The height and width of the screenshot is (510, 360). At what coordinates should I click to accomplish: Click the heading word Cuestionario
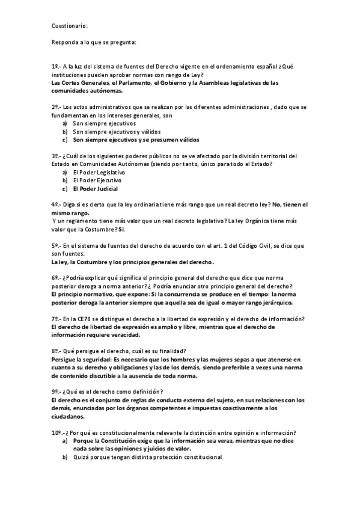click(x=70, y=26)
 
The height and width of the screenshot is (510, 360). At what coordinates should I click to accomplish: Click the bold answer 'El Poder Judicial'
click(x=95, y=188)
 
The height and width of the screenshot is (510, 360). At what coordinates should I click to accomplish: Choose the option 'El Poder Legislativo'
click(x=99, y=172)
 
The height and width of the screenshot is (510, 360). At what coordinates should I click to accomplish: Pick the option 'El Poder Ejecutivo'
click(x=97, y=180)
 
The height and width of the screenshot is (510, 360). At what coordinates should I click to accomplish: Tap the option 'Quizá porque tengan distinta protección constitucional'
click(x=147, y=457)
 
